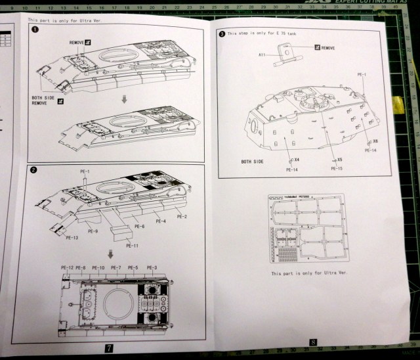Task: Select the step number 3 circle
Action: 222,34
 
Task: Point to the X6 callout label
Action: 375,141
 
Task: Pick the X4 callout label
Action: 297,160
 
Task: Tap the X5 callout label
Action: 339,160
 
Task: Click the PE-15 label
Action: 337,169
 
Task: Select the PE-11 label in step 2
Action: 132,245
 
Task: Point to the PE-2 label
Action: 182,216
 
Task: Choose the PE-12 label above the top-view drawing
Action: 66,267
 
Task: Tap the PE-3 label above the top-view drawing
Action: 152,267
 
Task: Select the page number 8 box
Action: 314,342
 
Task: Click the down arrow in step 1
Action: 124,99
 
